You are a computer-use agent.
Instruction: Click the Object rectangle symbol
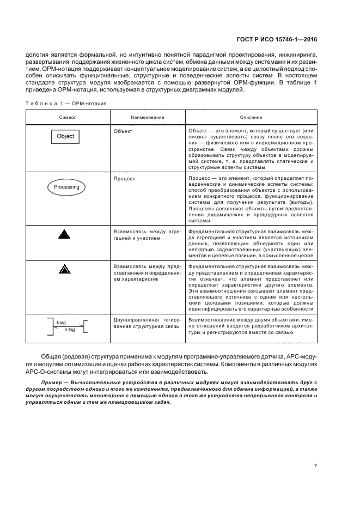(65, 136)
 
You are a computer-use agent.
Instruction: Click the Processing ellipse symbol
(66, 187)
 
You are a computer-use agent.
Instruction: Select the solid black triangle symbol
(65, 235)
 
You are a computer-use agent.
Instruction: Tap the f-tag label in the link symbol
(61, 323)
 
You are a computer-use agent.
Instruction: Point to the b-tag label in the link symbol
(69, 330)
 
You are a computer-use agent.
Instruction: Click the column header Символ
(68, 117)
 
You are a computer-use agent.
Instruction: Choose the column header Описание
(251, 117)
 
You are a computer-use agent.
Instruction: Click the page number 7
(315, 465)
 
